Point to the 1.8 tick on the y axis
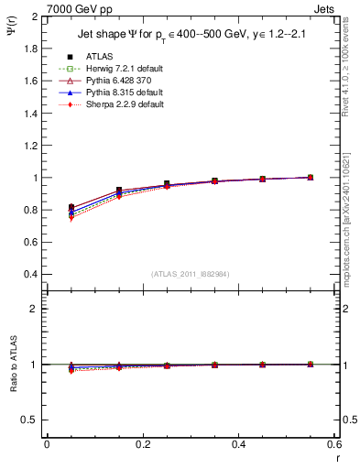pyautogui.click(x=32, y=49)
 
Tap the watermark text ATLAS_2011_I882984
pyautogui.click(x=191, y=273)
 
